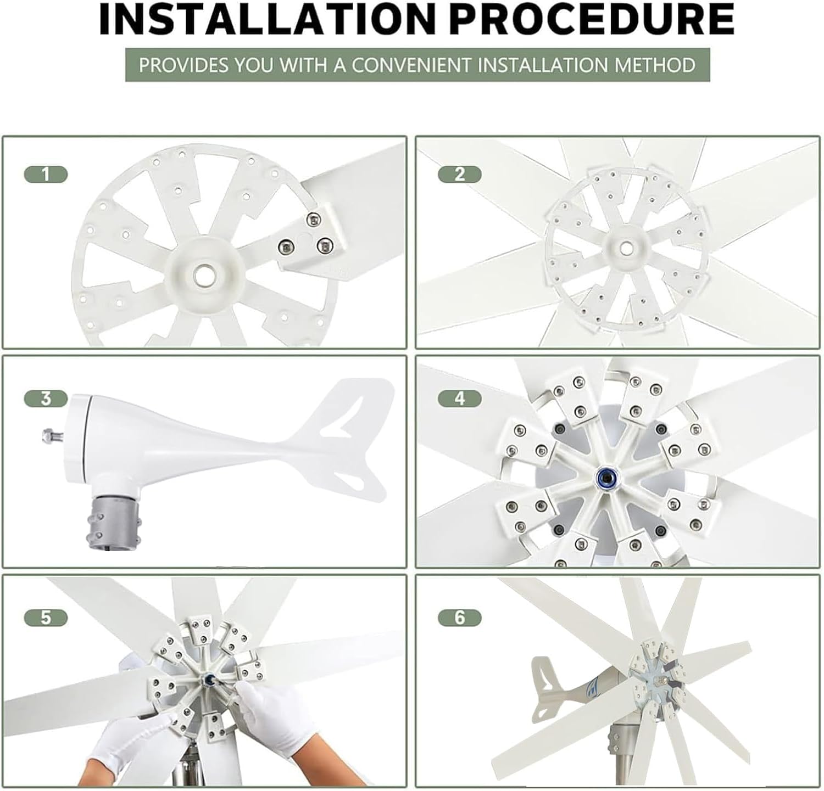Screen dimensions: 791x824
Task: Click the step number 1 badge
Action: [x=46, y=175]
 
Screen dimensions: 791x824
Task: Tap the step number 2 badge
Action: [x=460, y=175]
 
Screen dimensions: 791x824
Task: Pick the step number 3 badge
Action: [x=46, y=398]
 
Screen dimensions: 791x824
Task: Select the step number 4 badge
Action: [x=460, y=398]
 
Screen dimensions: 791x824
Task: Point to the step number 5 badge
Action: [x=46, y=618]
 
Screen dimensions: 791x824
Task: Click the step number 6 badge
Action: [x=460, y=618]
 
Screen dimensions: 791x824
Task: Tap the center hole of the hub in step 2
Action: [x=625, y=249]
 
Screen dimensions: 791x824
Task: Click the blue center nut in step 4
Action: [x=606, y=478]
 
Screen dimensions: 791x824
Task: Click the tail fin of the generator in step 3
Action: [x=352, y=434]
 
